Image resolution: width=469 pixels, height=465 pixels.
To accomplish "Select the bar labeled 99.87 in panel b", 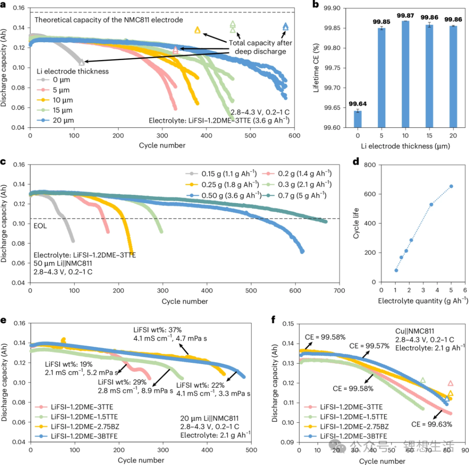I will point(404,73).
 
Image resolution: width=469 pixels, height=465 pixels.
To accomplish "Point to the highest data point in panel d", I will point(451,186).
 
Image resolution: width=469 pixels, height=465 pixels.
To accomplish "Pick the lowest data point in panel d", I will point(396,270).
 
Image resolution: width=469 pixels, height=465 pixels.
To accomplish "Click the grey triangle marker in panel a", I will point(82,62).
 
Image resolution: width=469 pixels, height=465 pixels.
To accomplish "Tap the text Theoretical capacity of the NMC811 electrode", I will point(109,20).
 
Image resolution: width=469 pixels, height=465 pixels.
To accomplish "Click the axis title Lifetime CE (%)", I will point(316,68).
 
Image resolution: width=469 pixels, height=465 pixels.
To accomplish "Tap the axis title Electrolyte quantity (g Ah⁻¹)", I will point(423,301).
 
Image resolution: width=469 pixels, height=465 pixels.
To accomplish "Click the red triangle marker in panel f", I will point(450,383).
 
